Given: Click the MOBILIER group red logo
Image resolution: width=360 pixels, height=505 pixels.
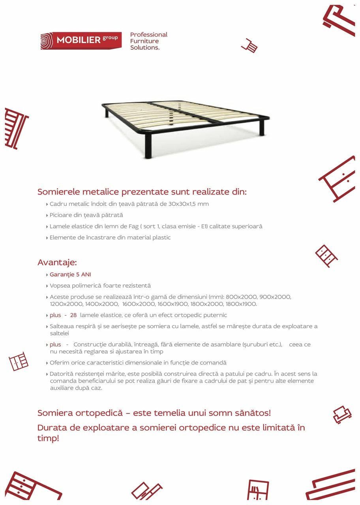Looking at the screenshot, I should (x=81, y=41).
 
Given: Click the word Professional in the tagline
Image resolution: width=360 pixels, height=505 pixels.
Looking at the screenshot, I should (x=149, y=35).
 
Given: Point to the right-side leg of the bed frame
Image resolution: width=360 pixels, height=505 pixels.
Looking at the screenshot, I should (x=261, y=127).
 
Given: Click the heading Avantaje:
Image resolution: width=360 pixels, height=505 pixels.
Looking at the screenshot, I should (x=57, y=262).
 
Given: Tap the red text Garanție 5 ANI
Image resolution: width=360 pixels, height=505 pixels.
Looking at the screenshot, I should (x=70, y=274).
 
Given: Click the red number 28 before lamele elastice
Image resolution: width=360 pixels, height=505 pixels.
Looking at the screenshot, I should (x=73, y=315).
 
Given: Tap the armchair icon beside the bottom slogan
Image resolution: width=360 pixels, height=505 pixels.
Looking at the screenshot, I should (x=341, y=415).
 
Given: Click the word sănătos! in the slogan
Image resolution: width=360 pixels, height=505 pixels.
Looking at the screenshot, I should (x=251, y=413).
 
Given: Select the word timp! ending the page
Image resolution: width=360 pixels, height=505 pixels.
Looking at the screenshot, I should (x=48, y=438).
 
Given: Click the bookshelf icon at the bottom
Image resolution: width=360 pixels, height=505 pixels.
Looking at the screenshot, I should (x=258, y=490).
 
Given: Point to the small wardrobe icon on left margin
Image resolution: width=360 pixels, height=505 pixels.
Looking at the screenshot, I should (x=19, y=361).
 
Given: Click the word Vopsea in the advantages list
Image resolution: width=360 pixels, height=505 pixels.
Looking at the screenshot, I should (x=59, y=285).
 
